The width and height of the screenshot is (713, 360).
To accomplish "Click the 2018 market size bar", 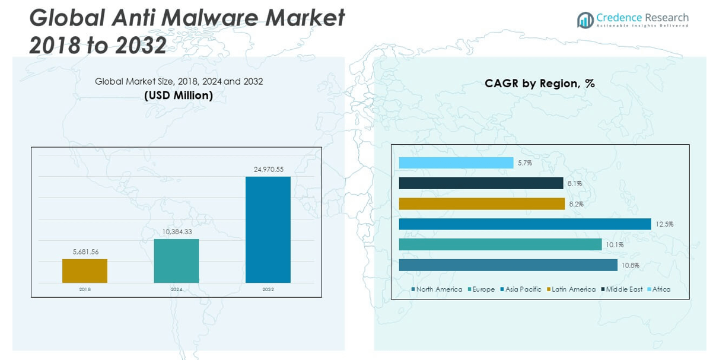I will click(85, 271).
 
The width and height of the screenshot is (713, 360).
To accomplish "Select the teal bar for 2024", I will click(176, 261).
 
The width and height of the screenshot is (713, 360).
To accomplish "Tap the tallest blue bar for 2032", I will click(268, 230).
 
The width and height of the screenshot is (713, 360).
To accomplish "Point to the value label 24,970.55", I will click(268, 170).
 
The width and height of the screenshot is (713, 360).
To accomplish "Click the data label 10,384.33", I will click(176, 232).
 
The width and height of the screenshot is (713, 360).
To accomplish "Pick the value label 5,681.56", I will click(85, 252).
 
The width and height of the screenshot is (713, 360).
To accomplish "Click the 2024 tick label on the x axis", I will click(176, 289).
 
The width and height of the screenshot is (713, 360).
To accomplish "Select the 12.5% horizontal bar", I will click(525, 224).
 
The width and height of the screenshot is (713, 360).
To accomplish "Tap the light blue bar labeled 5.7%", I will click(456, 163).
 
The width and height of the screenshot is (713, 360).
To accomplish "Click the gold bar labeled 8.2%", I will click(482, 204).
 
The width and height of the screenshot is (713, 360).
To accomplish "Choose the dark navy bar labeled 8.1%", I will click(481, 183).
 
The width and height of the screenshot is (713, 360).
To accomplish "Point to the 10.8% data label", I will click(630, 265).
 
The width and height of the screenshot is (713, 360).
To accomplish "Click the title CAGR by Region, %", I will click(539, 84).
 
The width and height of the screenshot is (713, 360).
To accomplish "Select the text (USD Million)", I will click(179, 95).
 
